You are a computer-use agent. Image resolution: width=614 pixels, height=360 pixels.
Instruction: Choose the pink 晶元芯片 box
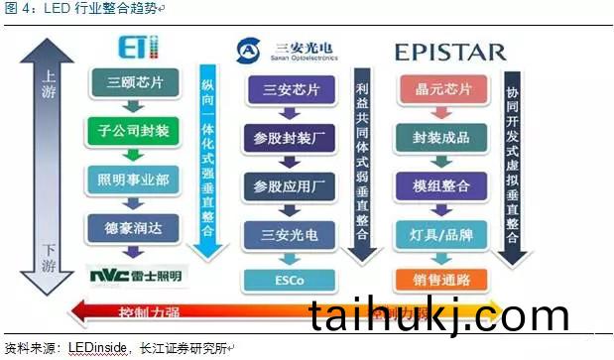pyautogui.click(x=434, y=89)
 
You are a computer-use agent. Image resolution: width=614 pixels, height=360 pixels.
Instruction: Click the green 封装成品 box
pyautogui.click(x=434, y=137)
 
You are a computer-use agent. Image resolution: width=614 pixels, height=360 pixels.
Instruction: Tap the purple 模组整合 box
pyautogui.click(x=434, y=184)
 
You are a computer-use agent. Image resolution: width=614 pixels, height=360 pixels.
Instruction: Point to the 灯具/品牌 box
pyautogui.click(x=434, y=234)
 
